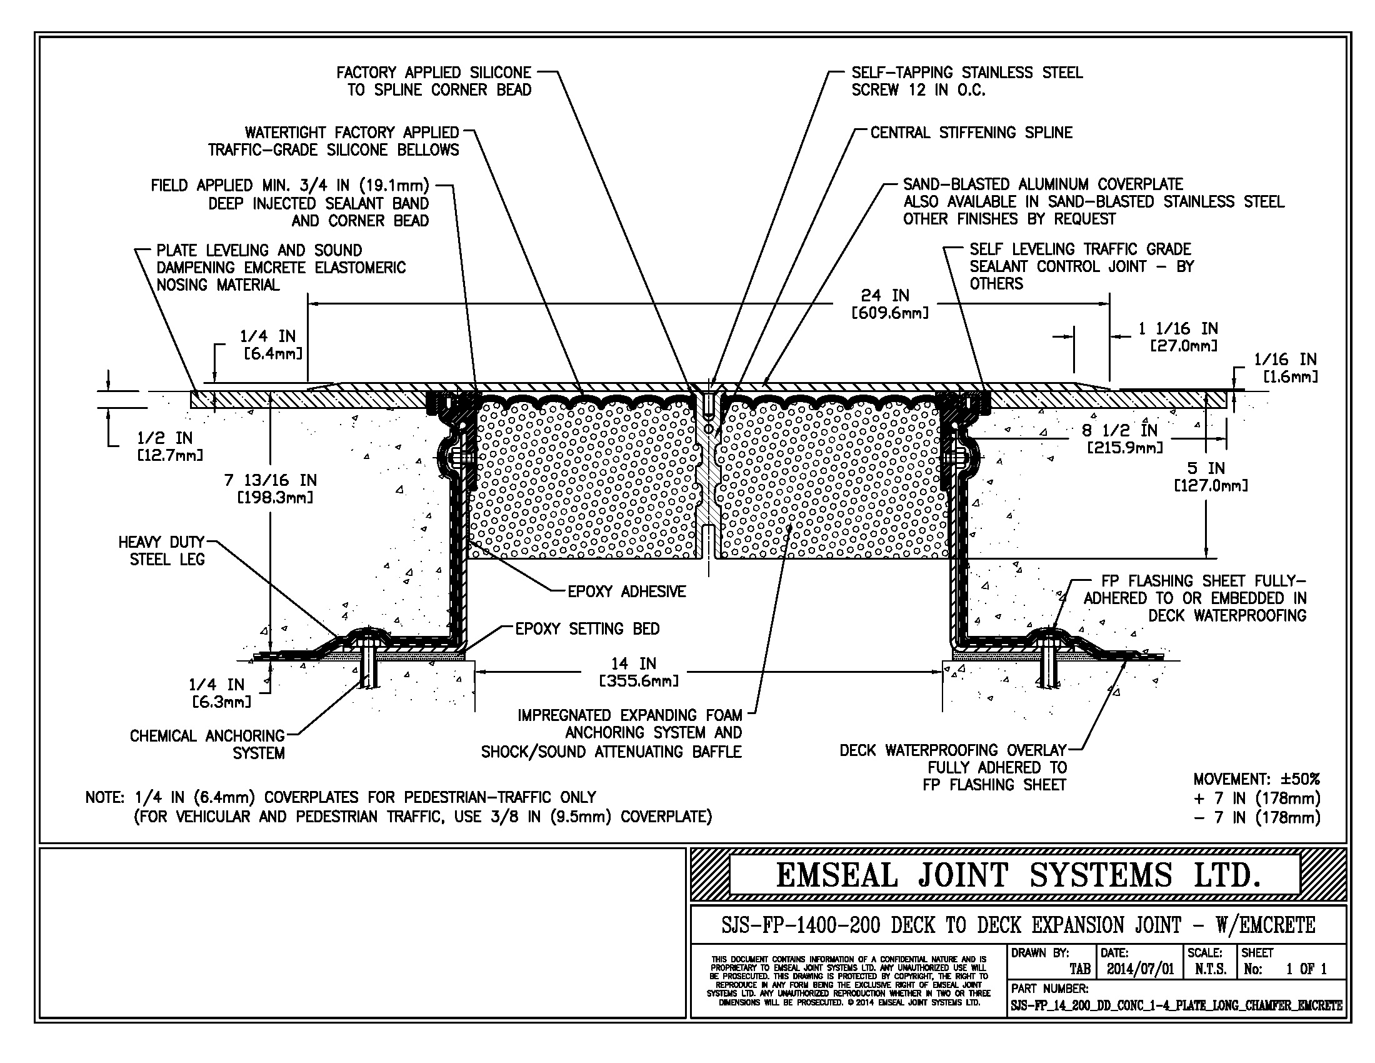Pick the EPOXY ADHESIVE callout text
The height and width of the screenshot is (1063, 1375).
(x=626, y=592)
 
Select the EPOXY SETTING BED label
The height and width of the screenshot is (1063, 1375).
(x=587, y=628)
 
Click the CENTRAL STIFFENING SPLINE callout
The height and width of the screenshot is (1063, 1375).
(x=971, y=132)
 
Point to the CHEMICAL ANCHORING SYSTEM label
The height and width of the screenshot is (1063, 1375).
(x=207, y=743)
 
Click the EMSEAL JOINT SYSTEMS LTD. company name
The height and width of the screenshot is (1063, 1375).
(x=1018, y=875)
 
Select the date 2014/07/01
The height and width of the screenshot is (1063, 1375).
(x=1140, y=969)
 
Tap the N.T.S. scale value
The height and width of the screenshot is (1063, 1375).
(x=1210, y=969)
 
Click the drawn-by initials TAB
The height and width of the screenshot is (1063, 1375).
(x=1081, y=969)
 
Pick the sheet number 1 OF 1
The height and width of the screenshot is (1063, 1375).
(x=1306, y=969)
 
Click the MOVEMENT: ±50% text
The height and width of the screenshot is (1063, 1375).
(x=1256, y=779)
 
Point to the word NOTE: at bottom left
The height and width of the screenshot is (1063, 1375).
(x=105, y=797)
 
